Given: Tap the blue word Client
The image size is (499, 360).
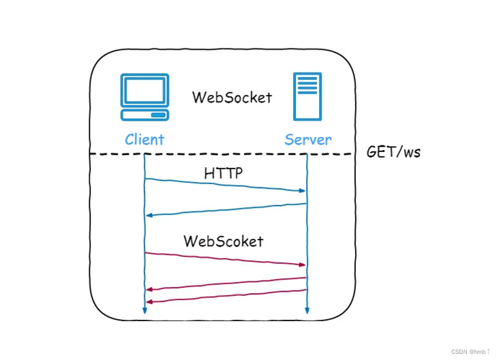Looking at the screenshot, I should (145, 140).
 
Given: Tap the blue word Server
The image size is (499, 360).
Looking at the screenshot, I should (308, 140).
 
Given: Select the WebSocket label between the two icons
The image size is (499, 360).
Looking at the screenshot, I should (232, 97).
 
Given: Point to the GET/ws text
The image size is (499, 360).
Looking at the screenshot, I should (393, 151).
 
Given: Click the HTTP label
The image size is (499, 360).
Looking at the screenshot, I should (224, 174).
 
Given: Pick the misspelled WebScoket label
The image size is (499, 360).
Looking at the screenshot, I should (223, 241).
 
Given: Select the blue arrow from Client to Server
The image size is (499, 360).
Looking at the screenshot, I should (225, 185).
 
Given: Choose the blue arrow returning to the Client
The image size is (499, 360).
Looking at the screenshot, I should (225, 209).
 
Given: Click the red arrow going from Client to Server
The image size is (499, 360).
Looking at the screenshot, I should (225, 258).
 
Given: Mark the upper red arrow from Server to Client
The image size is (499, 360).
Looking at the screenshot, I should (225, 283).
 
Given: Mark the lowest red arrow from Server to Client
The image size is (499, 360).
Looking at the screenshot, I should (225, 295).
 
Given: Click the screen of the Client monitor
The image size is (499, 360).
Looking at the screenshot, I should (145, 89).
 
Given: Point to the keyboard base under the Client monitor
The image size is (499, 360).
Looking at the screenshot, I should (145, 114).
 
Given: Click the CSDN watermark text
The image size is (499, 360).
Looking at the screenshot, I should (470, 351).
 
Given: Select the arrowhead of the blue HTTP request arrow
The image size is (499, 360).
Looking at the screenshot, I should (301, 191).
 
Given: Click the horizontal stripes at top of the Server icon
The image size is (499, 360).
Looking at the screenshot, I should (307, 85).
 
